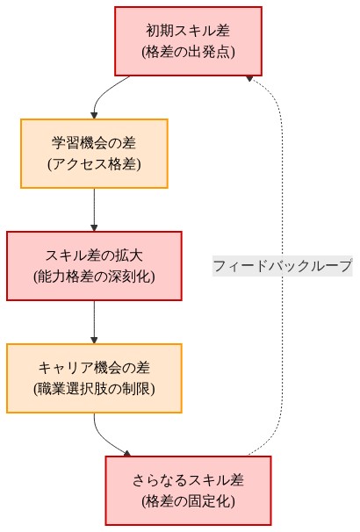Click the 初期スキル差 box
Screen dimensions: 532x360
(x=188, y=41)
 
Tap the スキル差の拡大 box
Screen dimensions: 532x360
(x=94, y=265)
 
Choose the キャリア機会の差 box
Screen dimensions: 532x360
(x=94, y=377)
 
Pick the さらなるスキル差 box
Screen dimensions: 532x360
(x=188, y=490)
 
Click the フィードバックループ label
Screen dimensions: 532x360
(x=282, y=265)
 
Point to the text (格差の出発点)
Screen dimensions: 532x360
(x=188, y=52)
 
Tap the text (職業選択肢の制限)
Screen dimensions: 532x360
(x=94, y=388)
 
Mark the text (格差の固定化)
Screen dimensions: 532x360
(x=188, y=501)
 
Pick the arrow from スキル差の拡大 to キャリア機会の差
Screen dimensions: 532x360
(x=94, y=321)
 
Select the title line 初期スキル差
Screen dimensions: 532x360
(x=188, y=31)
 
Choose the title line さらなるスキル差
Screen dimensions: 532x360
(x=188, y=479)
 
